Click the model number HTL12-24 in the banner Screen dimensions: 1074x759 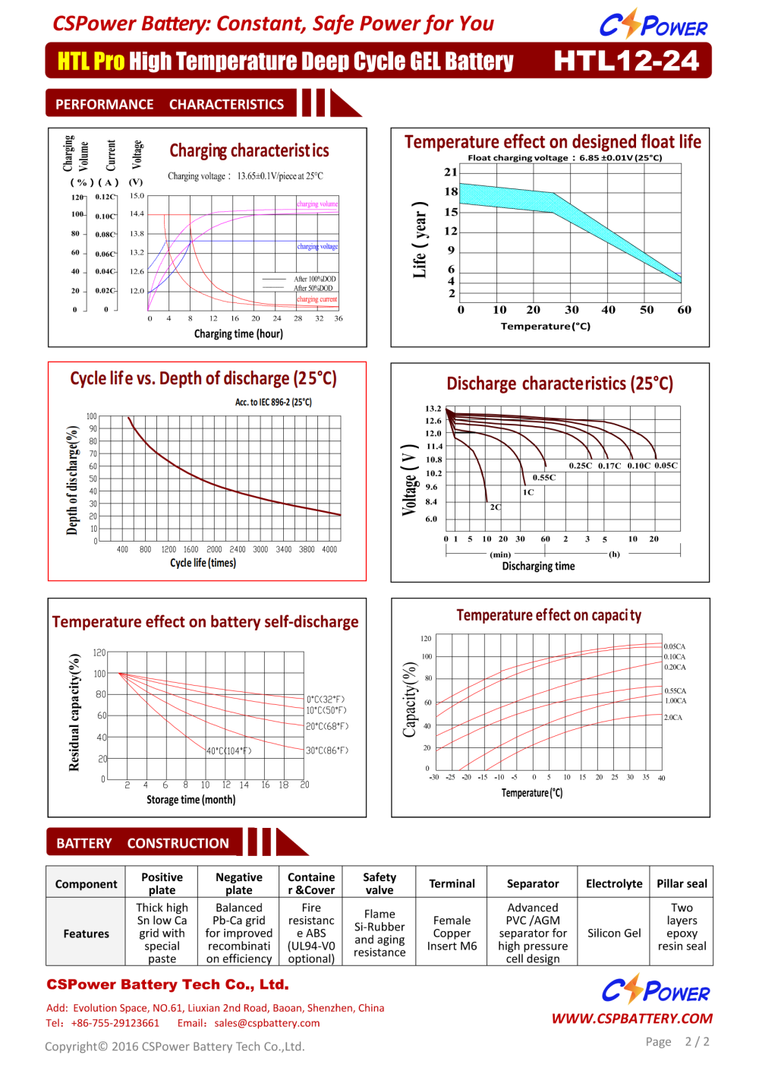pyautogui.click(x=626, y=61)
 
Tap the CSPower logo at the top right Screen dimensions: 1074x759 pyautogui.click(x=653, y=25)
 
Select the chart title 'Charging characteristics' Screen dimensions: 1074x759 pyautogui.click(x=249, y=150)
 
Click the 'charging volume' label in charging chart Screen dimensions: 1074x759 pyautogui.click(x=317, y=204)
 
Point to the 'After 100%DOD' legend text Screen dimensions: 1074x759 pyautogui.click(x=315, y=279)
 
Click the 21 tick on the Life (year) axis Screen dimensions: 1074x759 pyautogui.click(x=451, y=172)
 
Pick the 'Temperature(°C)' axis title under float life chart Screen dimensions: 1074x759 pyautogui.click(x=545, y=326)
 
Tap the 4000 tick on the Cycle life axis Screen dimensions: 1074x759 pyautogui.click(x=329, y=549)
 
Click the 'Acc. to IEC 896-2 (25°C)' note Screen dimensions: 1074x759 pyautogui.click(x=273, y=402)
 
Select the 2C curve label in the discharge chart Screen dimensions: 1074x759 pyautogui.click(x=496, y=507)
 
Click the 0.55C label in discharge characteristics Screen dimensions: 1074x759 pyautogui.click(x=544, y=478)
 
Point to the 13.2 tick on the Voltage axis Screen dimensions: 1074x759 pyautogui.click(x=433, y=409)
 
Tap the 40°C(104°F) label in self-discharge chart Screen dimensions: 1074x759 pyautogui.click(x=228, y=750)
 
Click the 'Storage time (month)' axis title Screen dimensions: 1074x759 pyautogui.click(x=191, y=800)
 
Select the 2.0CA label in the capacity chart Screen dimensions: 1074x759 pyautogui.click(x=673, y=717)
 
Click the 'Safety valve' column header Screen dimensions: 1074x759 pyautogui.click(x=379, y=883)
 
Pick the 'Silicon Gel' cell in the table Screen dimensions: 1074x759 pyautogui.click(x=614, y=933)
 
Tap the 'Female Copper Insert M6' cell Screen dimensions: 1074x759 pyautogui.click(x=452, y=933)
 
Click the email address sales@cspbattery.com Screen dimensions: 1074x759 pyautogui.click(x=266, y=1023)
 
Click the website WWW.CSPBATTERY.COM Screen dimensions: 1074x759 pyautogui.click(x=631, y=1019)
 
